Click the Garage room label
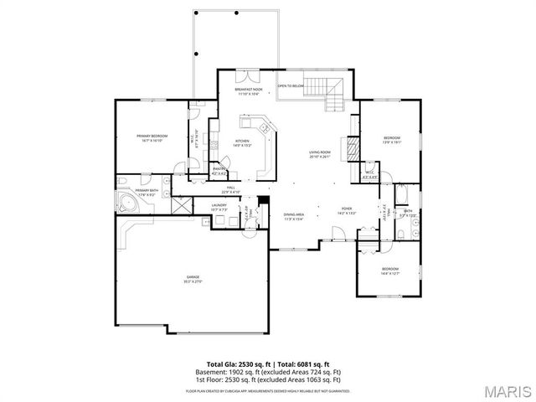pos(193,279)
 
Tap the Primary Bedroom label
pos(153,138)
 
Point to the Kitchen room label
pos(242,143)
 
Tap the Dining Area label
pos(293,216)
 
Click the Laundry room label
pos(219,207)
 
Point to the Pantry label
pos(219,171)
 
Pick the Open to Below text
pos(290,85)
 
